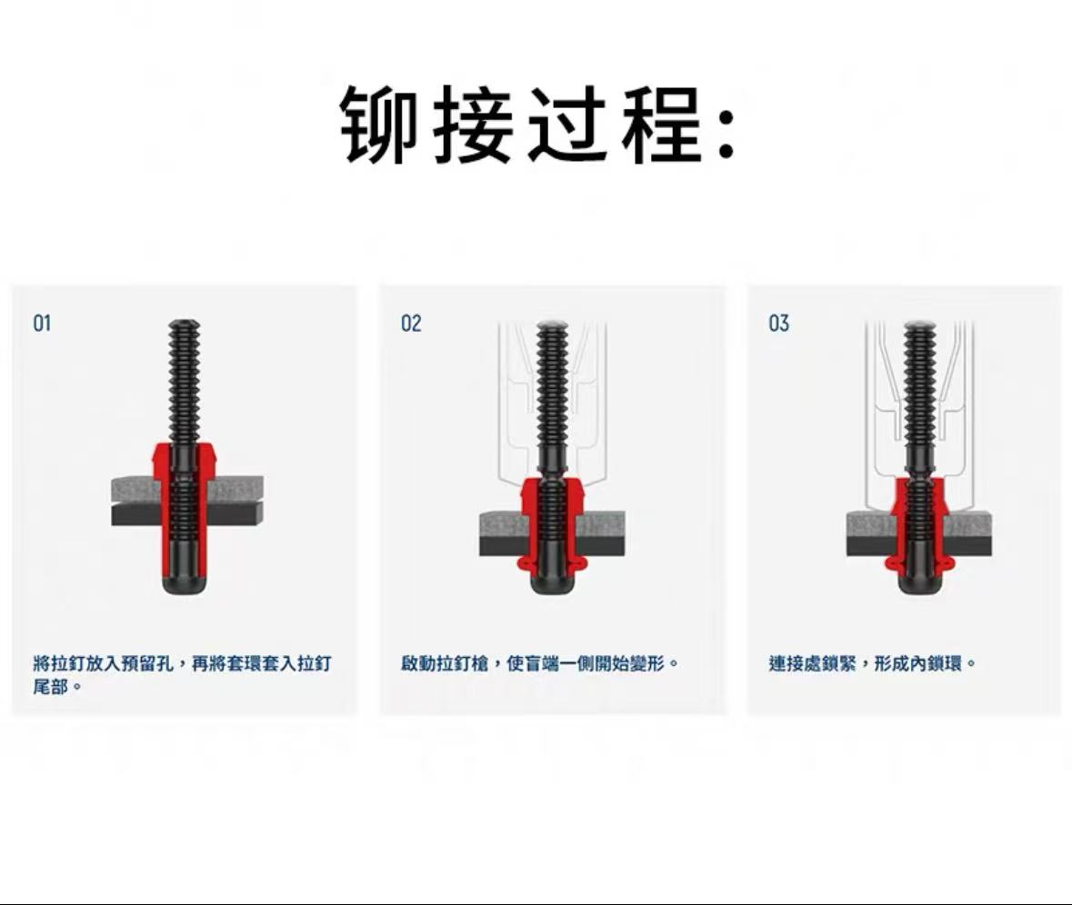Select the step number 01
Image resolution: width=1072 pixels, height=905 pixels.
[43, 323]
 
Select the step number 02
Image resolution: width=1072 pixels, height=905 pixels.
[411, 323]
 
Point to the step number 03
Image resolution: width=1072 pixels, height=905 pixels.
[778, 323]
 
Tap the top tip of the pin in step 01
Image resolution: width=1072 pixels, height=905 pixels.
[185, 321]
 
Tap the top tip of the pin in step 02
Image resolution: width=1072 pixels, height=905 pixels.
[553, 322]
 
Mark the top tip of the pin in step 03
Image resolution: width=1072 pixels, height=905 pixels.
[919, 322]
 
